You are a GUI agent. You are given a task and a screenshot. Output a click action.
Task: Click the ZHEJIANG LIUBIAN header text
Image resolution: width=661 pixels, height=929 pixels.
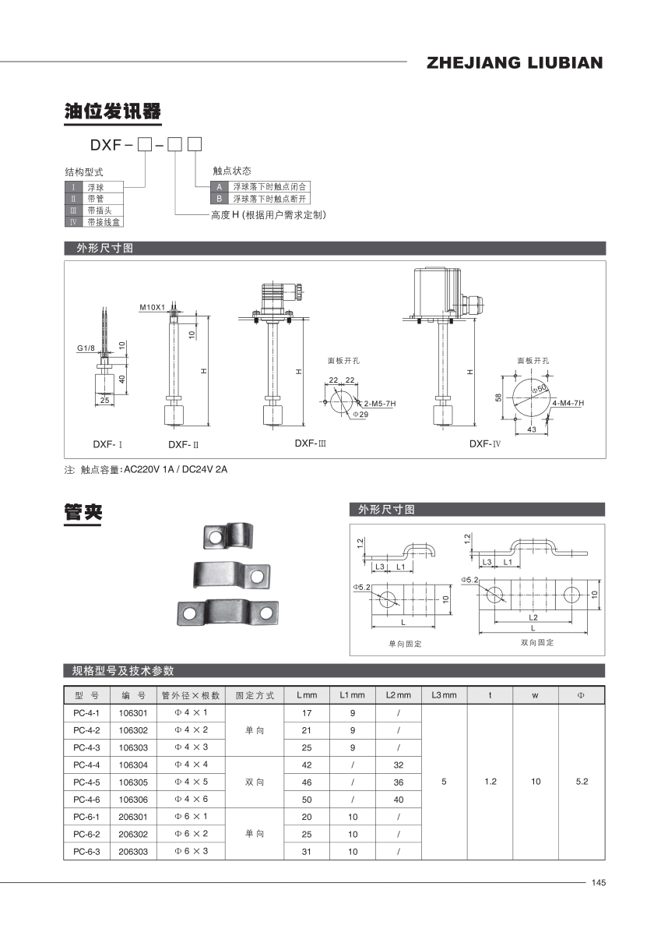(x=515, y=63)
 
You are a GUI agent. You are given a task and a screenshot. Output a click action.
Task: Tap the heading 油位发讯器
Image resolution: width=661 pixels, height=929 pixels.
(x=112, y=111)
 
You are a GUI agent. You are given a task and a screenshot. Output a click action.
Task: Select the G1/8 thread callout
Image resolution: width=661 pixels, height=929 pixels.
(x=85, y=348)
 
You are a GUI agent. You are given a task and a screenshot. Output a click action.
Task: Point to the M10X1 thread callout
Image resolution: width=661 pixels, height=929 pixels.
(x=152, y=307)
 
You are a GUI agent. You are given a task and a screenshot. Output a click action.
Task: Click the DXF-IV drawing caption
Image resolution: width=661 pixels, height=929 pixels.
(x=484, y=443)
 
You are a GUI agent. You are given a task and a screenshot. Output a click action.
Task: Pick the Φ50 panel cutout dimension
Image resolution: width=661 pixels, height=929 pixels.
(x=539, y=389)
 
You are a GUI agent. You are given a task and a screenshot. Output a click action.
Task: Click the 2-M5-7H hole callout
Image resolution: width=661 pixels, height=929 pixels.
(x=379, y=404)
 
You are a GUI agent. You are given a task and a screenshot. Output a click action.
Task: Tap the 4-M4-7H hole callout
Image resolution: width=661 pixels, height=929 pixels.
(x=568, y=403)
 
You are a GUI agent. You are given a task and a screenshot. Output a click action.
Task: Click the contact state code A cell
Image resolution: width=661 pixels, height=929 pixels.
(x=219, y=186)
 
